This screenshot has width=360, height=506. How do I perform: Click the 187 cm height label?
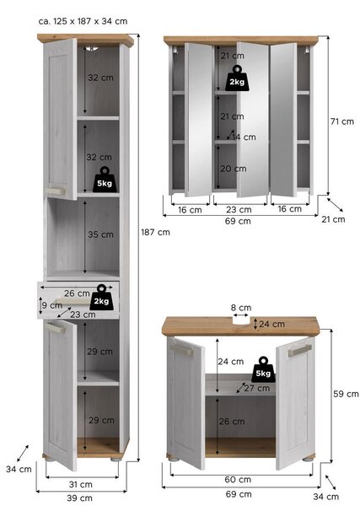tap(155, 232)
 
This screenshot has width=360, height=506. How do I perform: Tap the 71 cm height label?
tap(342, 121)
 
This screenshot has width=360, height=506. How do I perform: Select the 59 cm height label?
tap(346, 394)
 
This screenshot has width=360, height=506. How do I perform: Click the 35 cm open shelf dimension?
tap(100, 234)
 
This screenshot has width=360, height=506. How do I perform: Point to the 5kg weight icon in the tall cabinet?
tap(105, 180)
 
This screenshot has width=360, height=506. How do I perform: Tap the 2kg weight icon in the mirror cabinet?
tap(237, 78)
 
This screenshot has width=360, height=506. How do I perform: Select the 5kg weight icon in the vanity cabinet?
tap(263, 369)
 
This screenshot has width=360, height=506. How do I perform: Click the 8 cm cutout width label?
tap(241, 308)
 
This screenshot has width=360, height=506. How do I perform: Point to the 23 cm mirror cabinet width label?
tap(239, 209)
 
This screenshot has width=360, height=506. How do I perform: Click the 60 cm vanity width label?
tap(238, 480)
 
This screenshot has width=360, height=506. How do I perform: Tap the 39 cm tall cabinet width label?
tap(79, 498)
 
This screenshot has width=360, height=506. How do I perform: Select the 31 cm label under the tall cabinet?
tap(81, 484)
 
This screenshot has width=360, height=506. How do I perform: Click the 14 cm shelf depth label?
tap(244, 137)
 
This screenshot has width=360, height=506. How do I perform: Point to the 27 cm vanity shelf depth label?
tap(257, 388)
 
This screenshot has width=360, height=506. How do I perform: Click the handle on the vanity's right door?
tap(299, 350)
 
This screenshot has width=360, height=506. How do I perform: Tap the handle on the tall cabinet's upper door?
tap(56, 191)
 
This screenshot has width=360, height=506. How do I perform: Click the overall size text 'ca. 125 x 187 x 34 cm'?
tap(83, 21)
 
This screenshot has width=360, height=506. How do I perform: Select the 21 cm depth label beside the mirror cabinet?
tap(333, 219)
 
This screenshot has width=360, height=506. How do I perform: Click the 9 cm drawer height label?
tap(52, 305)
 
